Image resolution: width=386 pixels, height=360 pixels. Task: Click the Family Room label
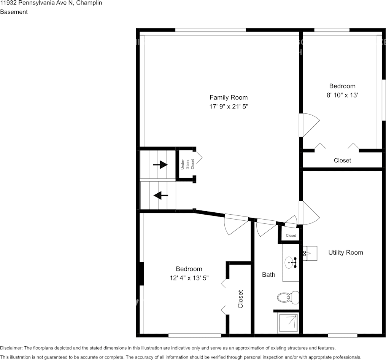[229, 97]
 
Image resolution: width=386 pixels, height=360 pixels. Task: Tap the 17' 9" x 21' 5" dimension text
[229, 107]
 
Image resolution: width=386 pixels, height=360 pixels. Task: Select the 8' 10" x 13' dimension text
[342, 95]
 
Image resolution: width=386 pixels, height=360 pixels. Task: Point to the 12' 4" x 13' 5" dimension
[189, 278]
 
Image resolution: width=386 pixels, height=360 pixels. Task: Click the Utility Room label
[346, 253]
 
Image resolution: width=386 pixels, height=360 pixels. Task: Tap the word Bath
[268, 274]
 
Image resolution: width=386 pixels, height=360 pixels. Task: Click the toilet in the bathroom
[288, 298]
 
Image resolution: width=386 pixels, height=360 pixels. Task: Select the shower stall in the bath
[288, 323]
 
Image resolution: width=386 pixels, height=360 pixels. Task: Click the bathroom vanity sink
[291, 263]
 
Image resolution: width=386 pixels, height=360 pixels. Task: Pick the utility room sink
[310, 253]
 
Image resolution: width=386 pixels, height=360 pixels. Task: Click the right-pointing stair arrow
[160, 164]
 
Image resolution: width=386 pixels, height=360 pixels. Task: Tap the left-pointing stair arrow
[161, 195]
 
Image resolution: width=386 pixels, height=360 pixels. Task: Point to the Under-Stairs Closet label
[187, 164]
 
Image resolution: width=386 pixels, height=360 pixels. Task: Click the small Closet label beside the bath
[291, 236]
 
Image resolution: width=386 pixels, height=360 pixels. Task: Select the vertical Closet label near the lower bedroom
[240, 299]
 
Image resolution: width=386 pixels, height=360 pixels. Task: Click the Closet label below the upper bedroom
[342, 161]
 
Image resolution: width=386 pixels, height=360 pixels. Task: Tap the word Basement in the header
[14, 12]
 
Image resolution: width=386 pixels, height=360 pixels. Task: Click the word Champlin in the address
[89, 3]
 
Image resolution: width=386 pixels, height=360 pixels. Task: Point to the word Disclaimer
[11, 348]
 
